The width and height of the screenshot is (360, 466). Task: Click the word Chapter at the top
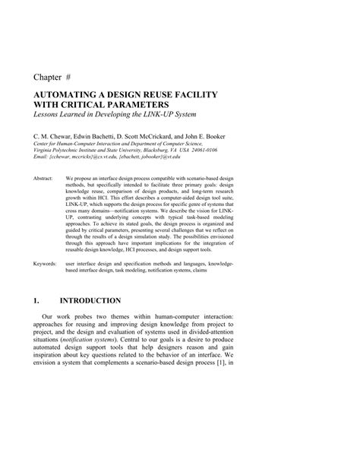point(50,77)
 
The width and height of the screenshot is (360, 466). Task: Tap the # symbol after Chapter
point(80,77)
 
